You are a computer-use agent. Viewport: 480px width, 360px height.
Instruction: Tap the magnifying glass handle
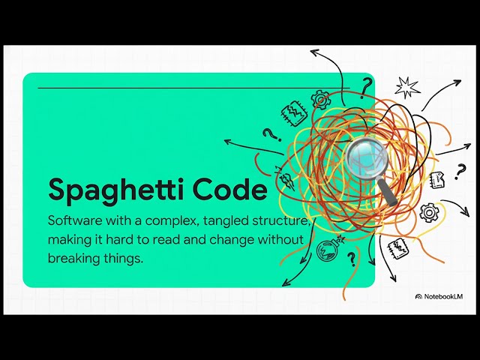pos(390,195)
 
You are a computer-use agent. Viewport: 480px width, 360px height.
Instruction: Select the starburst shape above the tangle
pos(407,87)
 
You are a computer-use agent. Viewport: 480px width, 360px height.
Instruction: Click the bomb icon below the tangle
pos(328,250)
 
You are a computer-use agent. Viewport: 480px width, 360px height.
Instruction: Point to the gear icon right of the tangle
pos(428,212)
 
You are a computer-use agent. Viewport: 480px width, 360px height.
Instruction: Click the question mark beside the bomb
pos(351,259)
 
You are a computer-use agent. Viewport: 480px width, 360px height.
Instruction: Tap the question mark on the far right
pos(460,172)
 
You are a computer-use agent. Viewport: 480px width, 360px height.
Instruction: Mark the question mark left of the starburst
pos(366,88)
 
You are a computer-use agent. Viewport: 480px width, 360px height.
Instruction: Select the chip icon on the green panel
pos(293,112)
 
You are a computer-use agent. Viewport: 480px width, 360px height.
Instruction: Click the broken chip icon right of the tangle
pos(437,179)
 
